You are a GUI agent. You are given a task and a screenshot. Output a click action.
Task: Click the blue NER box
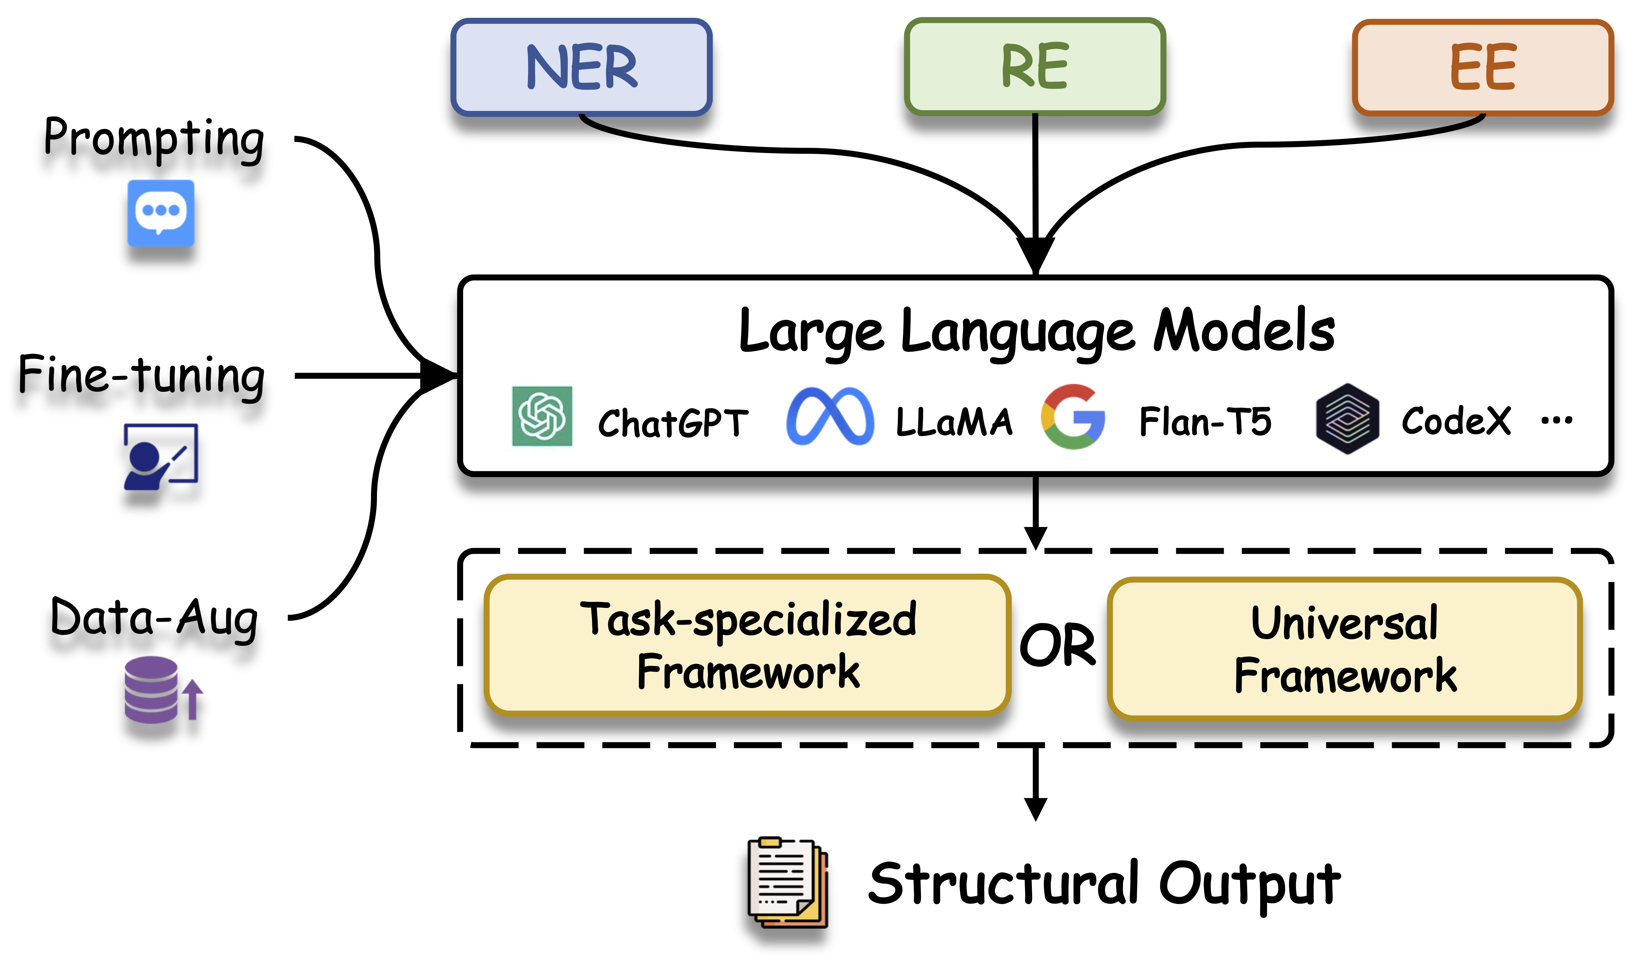click(581, 67)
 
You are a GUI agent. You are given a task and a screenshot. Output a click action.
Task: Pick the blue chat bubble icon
click(161, 213)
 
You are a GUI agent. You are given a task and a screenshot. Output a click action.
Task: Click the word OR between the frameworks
click(1057, 645)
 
